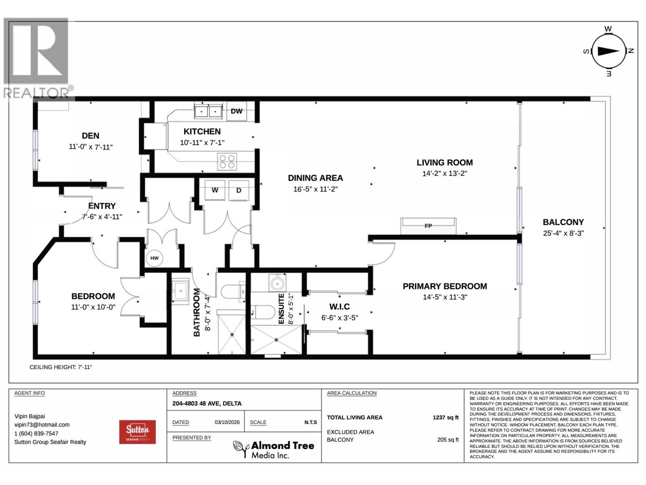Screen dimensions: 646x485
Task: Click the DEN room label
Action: pyautogui.click(x=90, y=136)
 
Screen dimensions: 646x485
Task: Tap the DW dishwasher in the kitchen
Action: pyautogui.click(x=236, y=111)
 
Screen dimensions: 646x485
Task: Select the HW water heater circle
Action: pyautogui.click(x=154, y=258)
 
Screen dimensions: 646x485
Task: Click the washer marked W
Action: pyautogui.click(x=215, y=190)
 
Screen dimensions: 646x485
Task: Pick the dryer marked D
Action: pyautogui.click(x=239, y=190)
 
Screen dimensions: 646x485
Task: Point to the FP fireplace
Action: pyautogui.click(x=428, y=226)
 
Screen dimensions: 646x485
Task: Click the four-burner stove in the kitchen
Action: pyautogui.click(x=227, y=162)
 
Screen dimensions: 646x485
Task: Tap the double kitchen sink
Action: pyautogui.click(x=208, y=112)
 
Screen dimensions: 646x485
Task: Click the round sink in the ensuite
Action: pyautogui.click(x=277, y=283)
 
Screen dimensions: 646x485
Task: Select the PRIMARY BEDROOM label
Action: pyautogui.click(x=445, y=286)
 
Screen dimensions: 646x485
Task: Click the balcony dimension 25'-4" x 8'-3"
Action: pyautogui.click(x=563, y=233)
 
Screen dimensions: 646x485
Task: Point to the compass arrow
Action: pyautogui.click(x=608, y=51)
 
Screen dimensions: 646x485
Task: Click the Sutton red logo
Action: pyautogui.click(x=137, y=432)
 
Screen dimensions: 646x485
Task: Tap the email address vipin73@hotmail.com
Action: pyautogui.click(x=42, y=425)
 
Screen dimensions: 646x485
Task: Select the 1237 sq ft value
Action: pyautogui.click(x=446, y=417)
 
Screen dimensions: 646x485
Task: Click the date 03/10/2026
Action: pyautogui.click(x=227, y=422)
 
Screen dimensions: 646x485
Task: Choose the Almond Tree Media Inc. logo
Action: pyautogui.click(x=273, y=449)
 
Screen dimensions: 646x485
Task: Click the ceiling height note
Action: pyautogui.click(x=61, y=367)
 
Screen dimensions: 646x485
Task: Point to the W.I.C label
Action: pyautogui.click(x=340, y=306)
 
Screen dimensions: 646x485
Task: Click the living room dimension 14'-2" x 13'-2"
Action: pyautogui.click(x=445, y=173)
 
